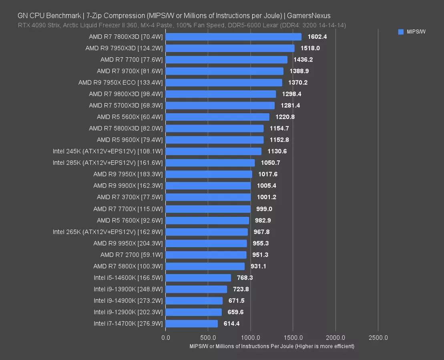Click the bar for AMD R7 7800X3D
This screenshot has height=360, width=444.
(x=233, y=37)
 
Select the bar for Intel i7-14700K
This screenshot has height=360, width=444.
(x=191, y=324)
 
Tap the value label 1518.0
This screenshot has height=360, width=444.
(x=310, y=48)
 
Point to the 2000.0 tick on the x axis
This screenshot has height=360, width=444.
(x=336, y=338)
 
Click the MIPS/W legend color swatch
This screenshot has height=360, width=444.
(x=401, y=32)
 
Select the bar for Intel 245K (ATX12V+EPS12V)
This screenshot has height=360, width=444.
(x=213, y=151)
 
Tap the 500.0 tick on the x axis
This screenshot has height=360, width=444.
(x=208, y=338)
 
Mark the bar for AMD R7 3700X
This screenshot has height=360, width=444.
(x=208, y=197)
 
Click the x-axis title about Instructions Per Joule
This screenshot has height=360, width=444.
(x=272, y=346)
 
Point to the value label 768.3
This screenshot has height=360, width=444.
(x=244, y=278)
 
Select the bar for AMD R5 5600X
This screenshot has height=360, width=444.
(x=217, y=117)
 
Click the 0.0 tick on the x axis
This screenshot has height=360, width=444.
(x=165, y=338)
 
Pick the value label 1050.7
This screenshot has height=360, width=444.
(x=270, y=163)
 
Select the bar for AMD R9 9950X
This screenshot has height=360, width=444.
(x=206, y=243)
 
